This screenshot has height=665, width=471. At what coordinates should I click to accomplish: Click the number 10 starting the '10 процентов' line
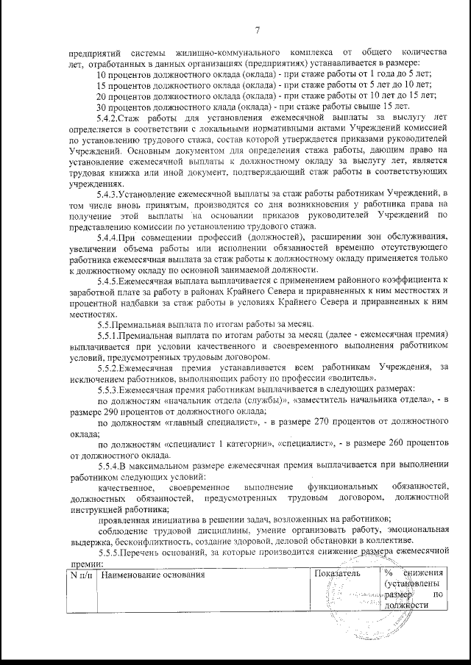[x=103, y=75]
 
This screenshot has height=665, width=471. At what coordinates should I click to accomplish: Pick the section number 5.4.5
[x=109, y=281]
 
